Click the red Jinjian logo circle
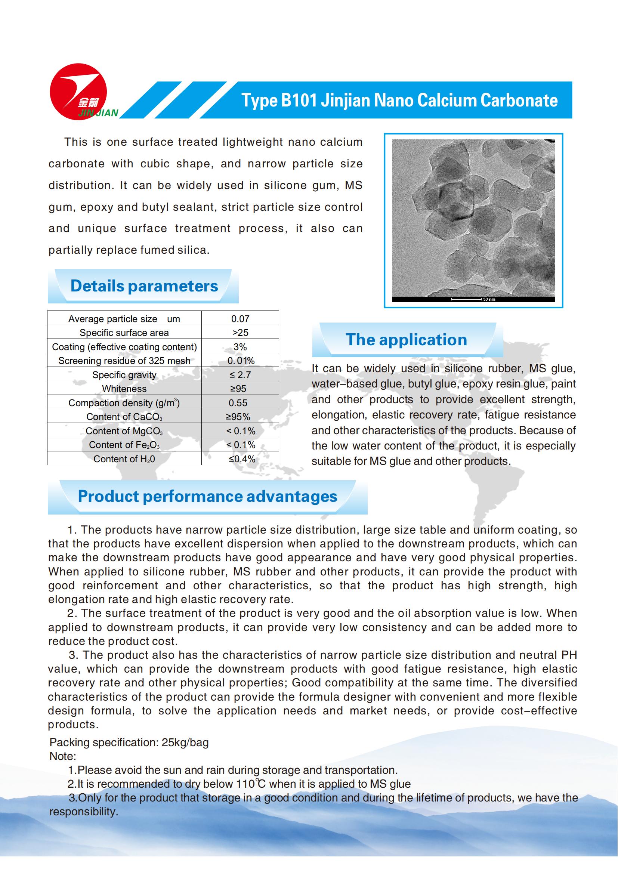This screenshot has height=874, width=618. (x=78, y=91)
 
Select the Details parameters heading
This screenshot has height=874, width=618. (x=144, y=286)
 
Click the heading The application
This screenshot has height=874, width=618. (x=406, y=340)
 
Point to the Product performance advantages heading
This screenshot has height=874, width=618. (x=207, y=496)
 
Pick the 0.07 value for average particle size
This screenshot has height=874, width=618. (x=240, y=319)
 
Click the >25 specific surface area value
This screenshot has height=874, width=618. (x=240, y=333)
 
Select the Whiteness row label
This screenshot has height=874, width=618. (x=124, y=389)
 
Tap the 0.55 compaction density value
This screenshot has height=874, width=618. (x=238, y=403)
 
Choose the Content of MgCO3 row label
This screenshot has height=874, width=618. (x=124, y=431)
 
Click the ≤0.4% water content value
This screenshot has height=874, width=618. (x=242, y=459)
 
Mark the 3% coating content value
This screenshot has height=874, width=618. (x=240, y=347)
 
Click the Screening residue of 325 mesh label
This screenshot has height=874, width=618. (x=124, y=361)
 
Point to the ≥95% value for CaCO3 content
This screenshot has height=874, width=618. (x=238, y=417)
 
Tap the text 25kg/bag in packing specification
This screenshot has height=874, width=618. (x=185, y=742)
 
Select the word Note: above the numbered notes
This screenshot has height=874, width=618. (x=63, y=756)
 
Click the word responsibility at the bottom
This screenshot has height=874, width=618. (x=83, y=812)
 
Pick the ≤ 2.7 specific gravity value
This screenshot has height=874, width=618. (x=240, y=375)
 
